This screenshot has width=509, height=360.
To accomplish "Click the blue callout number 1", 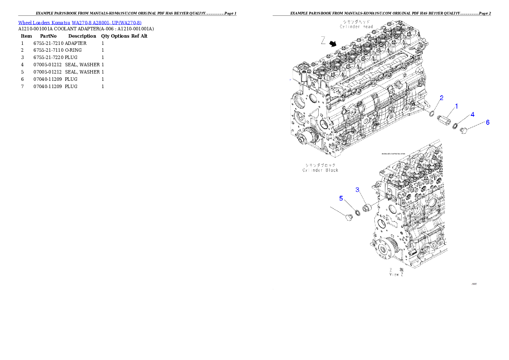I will click(x=456, y=106).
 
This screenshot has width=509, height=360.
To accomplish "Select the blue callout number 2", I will click(x=442, y=98).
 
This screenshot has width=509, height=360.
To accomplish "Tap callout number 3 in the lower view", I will click(x=357, y=189).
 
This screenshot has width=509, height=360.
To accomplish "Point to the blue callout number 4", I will click(x=473, y=114).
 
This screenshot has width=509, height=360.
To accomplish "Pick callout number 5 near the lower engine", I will click(x=341, y=198).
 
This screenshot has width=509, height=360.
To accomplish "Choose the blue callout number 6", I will click(x=487, y=122).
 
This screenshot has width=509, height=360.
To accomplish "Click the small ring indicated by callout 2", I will click(x=432, y=114).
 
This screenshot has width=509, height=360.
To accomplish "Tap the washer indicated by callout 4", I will click(x=456, y=126).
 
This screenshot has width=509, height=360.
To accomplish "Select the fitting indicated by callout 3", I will click(x=366, y=208).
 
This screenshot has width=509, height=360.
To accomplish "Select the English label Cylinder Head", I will click(x=356, y=27).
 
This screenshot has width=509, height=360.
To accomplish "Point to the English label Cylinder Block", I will click(x=320, y=170).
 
